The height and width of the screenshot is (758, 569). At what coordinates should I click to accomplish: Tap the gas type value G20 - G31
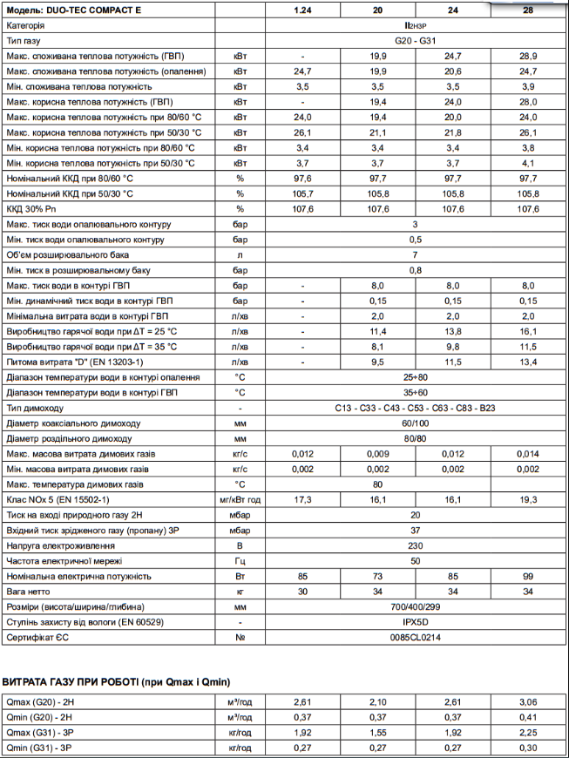(415, 42)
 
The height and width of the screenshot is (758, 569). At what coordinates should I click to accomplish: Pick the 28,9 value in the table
(527, 57)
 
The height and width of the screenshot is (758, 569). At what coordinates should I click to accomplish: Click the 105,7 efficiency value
(302, 193)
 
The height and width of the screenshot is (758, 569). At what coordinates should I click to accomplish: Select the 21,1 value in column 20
(377, 132)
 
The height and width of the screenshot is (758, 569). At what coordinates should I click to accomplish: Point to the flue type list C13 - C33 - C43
(415, 408)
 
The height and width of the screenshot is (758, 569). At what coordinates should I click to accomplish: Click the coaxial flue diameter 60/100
(415, 423)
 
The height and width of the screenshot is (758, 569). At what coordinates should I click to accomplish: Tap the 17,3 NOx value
(302, 500)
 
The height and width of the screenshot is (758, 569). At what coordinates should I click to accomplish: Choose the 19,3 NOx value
(527, 500)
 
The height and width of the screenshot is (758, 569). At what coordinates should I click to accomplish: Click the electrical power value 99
(527, 576)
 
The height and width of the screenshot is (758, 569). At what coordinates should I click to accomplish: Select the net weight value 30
(302, 592)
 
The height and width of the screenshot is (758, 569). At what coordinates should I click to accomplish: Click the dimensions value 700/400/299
(415, 606)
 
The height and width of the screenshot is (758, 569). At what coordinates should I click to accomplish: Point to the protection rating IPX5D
(415, 622)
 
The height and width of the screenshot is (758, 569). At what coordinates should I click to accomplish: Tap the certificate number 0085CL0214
(415, 637)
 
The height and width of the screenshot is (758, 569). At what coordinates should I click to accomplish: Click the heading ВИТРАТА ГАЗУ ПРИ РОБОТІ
(116, 680)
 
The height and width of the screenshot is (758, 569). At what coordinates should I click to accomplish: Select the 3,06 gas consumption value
(527, 701)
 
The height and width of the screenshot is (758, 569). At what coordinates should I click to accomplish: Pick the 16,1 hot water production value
(527, 332)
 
